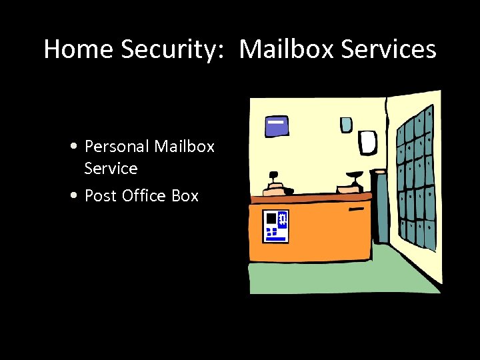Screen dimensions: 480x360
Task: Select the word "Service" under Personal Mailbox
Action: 111,169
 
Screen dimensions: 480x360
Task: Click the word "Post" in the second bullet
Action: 101,195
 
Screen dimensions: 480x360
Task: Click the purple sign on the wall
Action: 276,125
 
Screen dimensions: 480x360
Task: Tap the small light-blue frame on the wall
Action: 346,125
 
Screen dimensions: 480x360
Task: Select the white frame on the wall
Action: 367,141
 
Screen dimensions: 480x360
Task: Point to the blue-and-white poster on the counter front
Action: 275,225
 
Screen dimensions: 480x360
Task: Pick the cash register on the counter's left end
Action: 275,185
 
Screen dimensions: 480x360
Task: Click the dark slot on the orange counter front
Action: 357,209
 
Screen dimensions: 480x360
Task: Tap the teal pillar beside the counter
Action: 382,207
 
